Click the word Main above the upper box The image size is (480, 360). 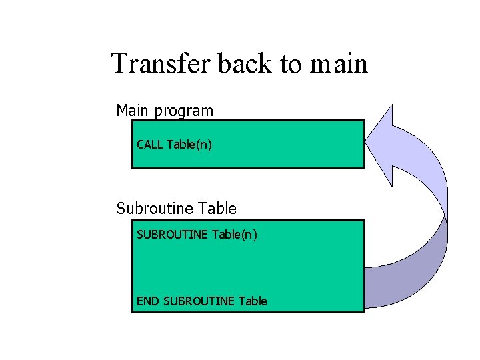tap(133, 110)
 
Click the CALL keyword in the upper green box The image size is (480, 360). tap(149, 144)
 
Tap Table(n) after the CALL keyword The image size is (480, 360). tap(189, 144)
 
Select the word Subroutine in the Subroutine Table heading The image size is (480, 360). tap(155, 209)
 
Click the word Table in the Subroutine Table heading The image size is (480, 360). tap(217, 209)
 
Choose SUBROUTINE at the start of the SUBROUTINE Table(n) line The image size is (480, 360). tap(172, 235)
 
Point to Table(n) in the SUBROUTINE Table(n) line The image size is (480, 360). tap(235, 235)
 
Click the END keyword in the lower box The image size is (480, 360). tap(147, 301)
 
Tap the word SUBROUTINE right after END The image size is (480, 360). tap(199, 301)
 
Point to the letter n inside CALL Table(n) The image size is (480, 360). tap(204, 145)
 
